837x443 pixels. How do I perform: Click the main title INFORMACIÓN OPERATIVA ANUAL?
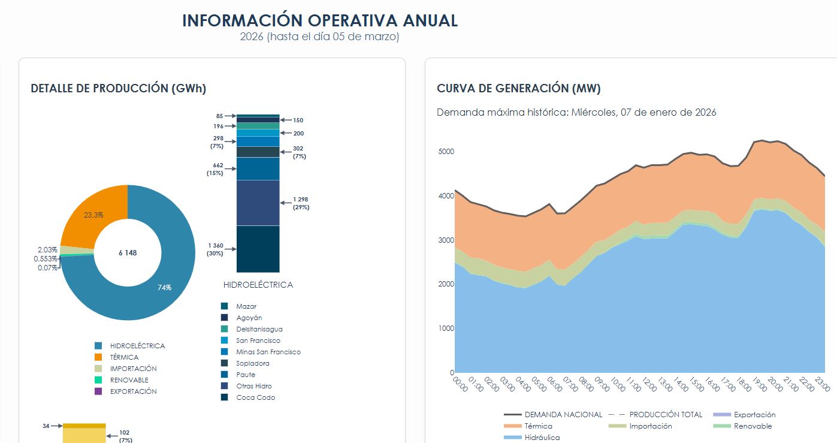point(320,20)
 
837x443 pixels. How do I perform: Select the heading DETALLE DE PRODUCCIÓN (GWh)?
point(118,89)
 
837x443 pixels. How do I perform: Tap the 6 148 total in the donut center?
point(128,253)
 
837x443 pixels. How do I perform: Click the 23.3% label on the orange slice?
point(93,215)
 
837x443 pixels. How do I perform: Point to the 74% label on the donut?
point(164,288)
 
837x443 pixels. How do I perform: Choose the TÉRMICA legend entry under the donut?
point(124,357)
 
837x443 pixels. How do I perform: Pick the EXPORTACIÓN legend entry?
point(133,391)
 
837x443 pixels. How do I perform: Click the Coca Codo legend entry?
point(255,397)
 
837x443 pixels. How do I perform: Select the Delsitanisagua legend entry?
point(259,329)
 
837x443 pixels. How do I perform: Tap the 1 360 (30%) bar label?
point(216,249)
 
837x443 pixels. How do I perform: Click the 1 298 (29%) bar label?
point(301,203)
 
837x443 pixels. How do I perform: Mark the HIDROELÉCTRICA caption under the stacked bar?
point(258,285)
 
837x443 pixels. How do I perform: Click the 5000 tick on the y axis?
point(446,152)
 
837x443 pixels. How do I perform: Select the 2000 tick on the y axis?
point(446,284)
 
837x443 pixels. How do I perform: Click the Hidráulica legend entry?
point(542,438)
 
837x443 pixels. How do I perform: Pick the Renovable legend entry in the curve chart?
point(753,426)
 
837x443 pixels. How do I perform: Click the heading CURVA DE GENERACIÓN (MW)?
point(518,89)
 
